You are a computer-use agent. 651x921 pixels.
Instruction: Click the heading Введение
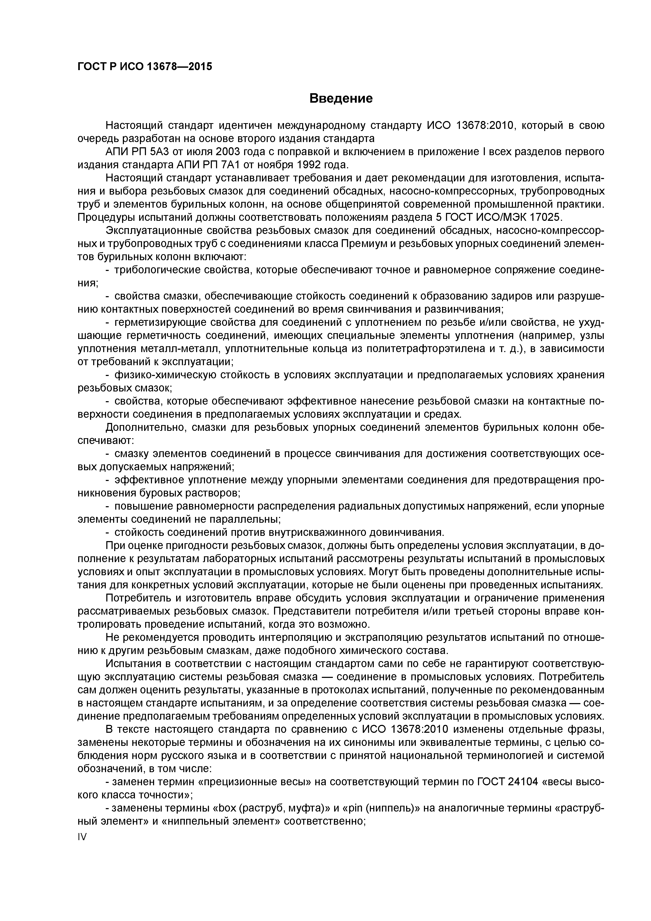(x=341, y=98)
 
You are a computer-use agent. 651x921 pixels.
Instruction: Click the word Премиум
(x=366, y=244)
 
